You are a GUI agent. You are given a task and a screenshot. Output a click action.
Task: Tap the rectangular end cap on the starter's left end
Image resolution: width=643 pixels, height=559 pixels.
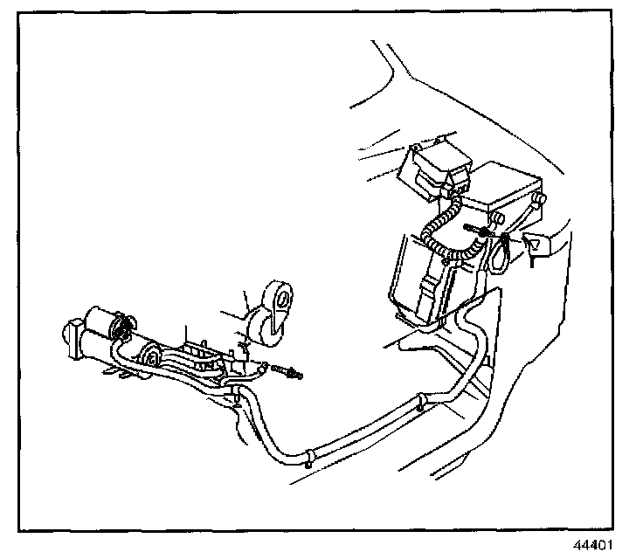[70, 336]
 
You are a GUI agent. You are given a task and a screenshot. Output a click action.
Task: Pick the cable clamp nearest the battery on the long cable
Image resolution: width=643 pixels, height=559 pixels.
[421, 404]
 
